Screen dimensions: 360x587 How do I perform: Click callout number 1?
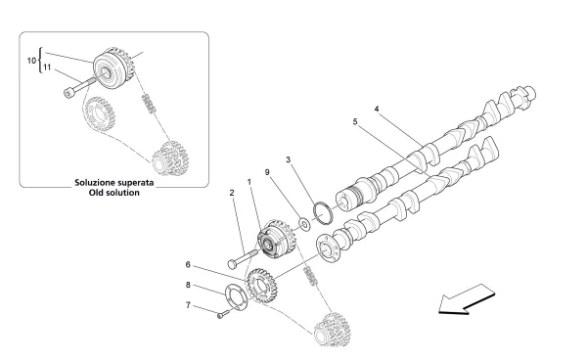[249, 182]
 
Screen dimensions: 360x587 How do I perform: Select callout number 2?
[232, 194]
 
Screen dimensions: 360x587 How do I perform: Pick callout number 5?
[356, 123]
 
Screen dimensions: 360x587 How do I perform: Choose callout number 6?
[187, 264]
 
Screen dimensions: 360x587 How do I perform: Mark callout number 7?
[187, 305]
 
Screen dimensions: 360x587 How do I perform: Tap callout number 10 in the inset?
[28, 62]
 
